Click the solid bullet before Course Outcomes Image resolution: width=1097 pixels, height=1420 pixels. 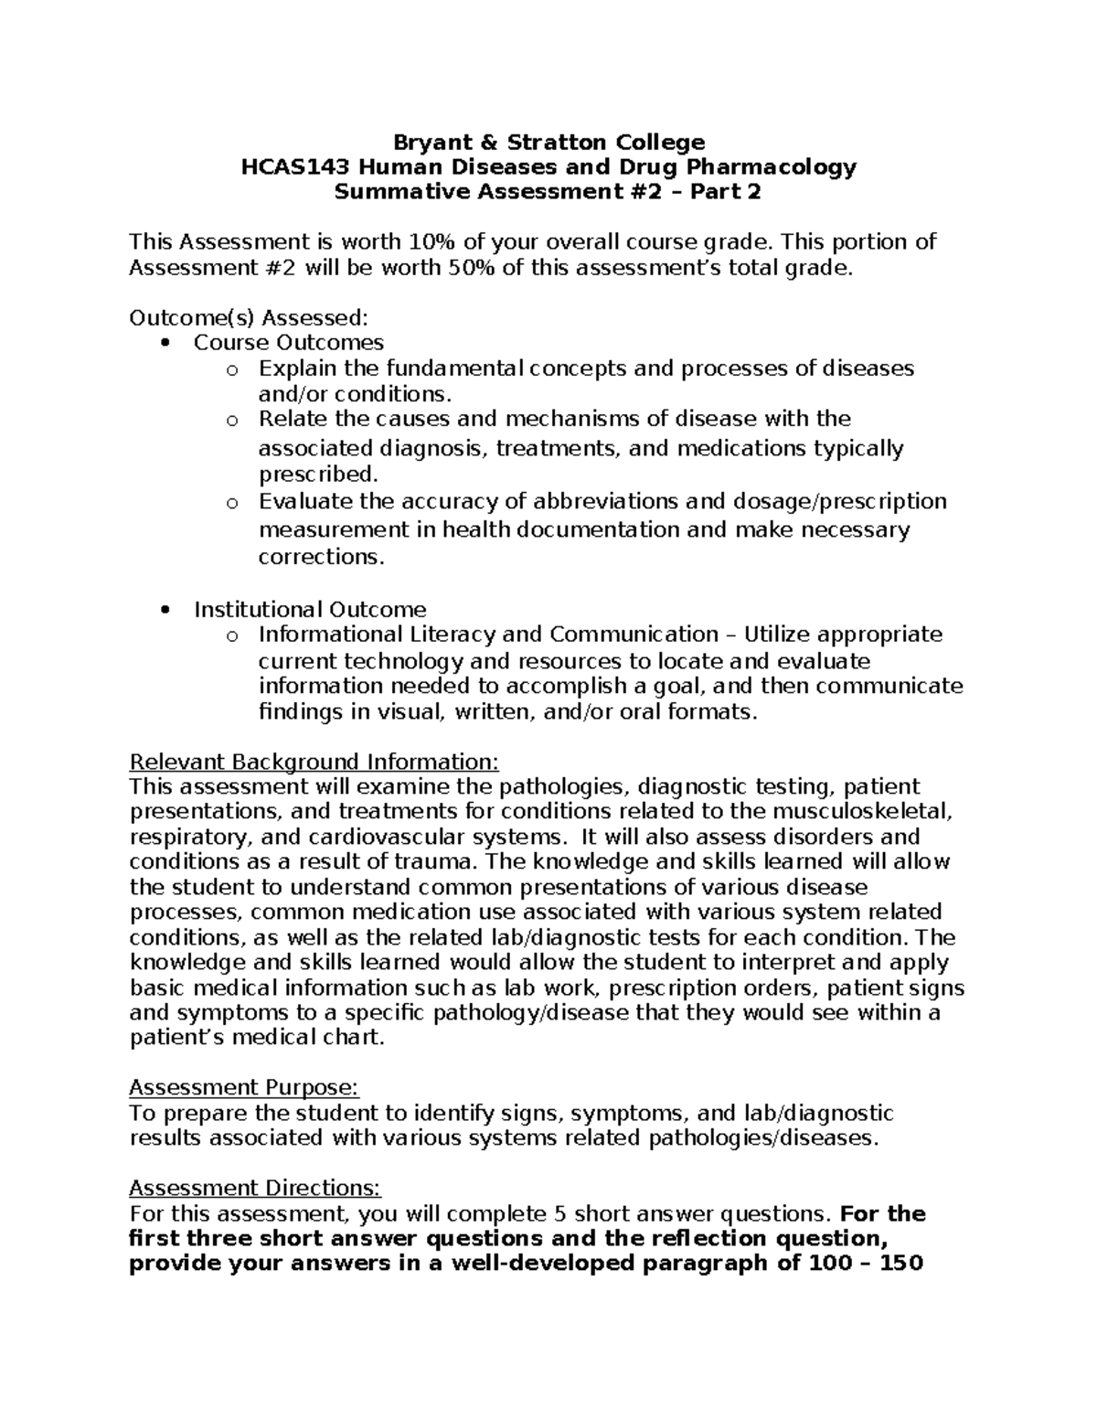(165, 343)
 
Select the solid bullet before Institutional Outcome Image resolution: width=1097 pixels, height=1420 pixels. (165, 610)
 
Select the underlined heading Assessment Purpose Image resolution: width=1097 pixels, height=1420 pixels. (244, 1087)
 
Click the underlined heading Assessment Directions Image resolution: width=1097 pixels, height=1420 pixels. (254, 1188)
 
